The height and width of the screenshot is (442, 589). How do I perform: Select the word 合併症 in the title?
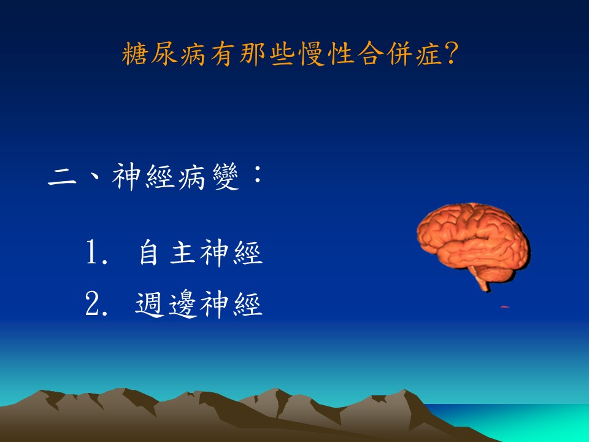[x=399, y=54]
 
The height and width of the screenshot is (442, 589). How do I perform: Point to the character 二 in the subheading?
[x=63, y=177]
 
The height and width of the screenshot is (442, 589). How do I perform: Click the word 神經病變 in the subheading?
[x=175, y=177]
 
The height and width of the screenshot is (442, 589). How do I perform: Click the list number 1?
[x=96, y=252]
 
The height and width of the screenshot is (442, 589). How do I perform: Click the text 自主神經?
[x=201, y=252]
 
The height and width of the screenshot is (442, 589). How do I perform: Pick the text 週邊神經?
[x=199, y=304]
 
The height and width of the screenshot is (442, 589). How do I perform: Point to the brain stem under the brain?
[x=482, y=281]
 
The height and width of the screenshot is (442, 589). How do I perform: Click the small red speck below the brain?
[x=505, y=307]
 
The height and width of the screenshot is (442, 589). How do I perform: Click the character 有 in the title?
[x=223, y=54]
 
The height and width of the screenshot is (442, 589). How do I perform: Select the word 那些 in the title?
[x=266, y=54]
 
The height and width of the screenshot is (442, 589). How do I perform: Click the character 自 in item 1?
[x=148, y=252]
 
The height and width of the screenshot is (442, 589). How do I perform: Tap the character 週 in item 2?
[x=150, y=304]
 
